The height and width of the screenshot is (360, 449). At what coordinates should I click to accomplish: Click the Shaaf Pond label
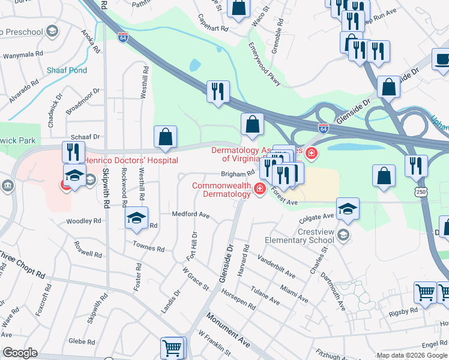[67, 70]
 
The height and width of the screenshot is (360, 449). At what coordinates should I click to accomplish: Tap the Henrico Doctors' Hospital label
[130, 160]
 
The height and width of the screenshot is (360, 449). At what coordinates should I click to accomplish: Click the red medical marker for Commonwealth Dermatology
[259, 190]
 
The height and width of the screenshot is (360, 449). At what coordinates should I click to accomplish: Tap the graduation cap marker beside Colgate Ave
[347, 208]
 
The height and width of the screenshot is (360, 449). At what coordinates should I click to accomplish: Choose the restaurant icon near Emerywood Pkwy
[217, 91]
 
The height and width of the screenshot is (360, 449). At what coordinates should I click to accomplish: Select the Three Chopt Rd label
[23, 266]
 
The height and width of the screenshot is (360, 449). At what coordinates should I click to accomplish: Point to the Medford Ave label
[190, 214]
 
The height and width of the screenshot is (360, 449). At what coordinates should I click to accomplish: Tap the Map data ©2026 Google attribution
[412, 355]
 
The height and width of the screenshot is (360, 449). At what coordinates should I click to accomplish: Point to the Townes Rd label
[149, 248]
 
